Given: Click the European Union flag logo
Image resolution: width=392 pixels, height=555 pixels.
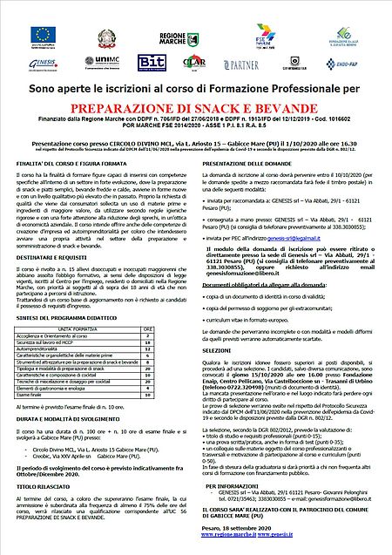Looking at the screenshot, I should pyautogui.click(x=43, y=35).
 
